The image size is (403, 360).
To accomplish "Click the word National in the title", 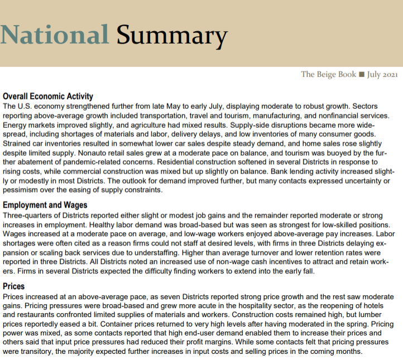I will (55, 35).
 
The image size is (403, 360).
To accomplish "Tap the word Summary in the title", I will (172, 36).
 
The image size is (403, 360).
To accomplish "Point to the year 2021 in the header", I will (389, 75).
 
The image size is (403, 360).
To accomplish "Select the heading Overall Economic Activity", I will (48, 97).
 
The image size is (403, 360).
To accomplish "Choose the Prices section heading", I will (14, 286).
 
